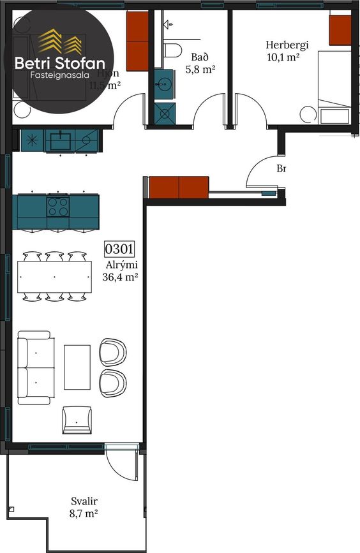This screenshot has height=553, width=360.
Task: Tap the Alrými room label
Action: [122, 265]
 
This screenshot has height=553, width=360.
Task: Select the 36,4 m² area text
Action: [121, 277]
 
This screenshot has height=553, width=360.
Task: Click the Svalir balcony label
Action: [84, 501]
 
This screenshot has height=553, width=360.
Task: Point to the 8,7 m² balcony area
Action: [84, 513]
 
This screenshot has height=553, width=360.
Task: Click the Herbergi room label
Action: [287, 45]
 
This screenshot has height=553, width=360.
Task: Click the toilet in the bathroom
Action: [172, 49]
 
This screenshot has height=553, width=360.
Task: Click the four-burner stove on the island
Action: [58, 206]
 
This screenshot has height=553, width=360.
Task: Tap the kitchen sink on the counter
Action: [61, 140]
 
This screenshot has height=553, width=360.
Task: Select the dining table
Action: [55, 277]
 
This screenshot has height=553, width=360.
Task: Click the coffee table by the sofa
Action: [77, 367]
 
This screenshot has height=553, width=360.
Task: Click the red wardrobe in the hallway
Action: [179, 188]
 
